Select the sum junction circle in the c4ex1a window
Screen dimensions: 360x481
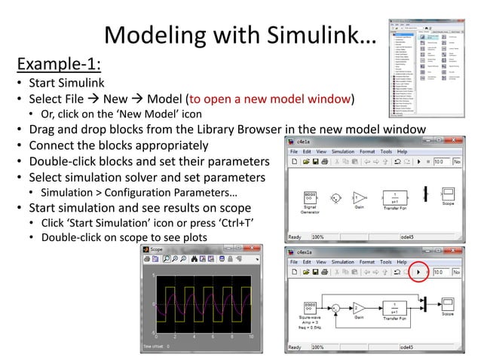click(x=336, y=309)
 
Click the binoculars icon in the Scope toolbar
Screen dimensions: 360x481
click(x=195, y=260)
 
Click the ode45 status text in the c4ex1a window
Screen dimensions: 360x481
click(x=407, y=347)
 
